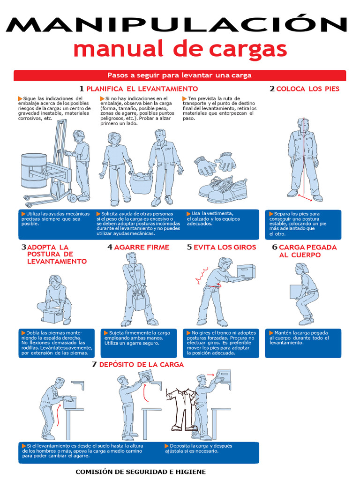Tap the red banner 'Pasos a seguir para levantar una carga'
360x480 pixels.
(180, 75)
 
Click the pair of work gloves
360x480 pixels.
(215, 163)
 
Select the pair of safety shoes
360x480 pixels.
(223, 189)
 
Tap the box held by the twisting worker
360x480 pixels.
(246, 271)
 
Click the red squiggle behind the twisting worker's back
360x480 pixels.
(201, 275)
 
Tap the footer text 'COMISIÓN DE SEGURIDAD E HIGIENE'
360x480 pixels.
(141, 472)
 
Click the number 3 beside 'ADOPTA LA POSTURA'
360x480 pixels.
(23, 247)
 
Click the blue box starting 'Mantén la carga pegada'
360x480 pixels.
(303, 343)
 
